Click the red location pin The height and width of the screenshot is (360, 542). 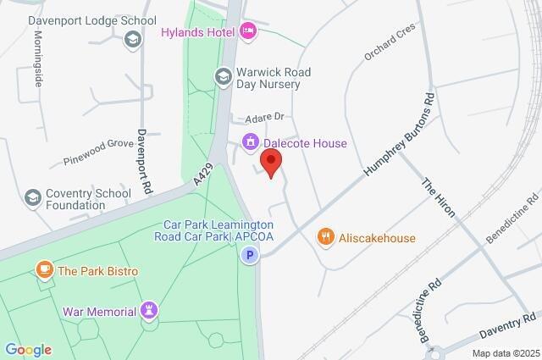coord(271,162)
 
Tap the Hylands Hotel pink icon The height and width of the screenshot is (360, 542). coord(248,31)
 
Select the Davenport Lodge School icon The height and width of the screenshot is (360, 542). coord(132,38)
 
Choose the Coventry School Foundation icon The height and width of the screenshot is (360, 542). coord(33,197)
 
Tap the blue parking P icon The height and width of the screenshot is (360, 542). coord(249,255)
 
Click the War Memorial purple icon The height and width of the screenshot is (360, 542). coord(150,311)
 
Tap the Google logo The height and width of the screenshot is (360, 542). coord(28,349)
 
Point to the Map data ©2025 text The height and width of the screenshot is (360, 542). coord(505,353)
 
